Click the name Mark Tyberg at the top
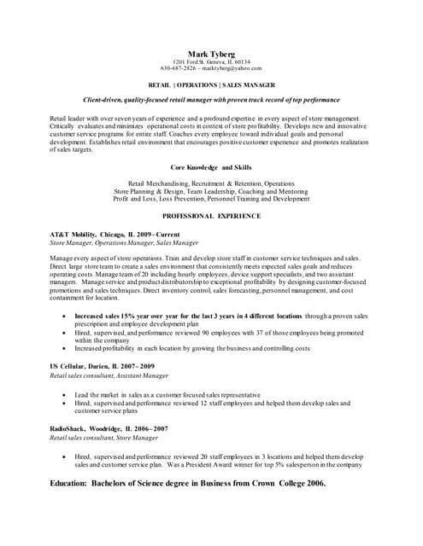(x=211, y=54)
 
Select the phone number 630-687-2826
(x=179, y=68)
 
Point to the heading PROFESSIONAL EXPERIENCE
(x=211, y=217)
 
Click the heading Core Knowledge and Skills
(x=211, y=168)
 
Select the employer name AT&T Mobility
(x=74, y=234)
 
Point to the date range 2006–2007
(x=150, y=429)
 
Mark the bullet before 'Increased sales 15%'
(x=66, y=317)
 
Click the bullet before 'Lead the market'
(x=66, y=396)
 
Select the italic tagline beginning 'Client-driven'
(x=211, y=101)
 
